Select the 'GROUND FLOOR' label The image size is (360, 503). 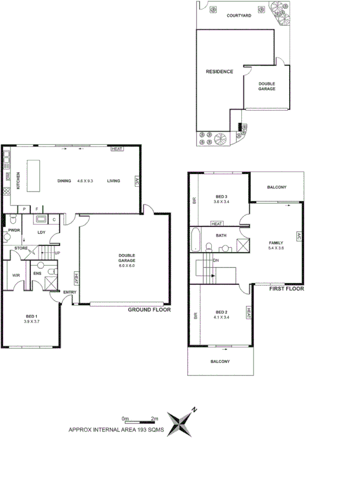(149, 310)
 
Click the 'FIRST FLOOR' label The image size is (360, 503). (286, 289)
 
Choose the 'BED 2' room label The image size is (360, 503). (221, 312)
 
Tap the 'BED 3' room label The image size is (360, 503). (221, 196)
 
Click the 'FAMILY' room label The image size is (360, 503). (276, 242)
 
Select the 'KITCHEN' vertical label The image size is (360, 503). (18, 181)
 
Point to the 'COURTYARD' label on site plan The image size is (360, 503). (239, 16)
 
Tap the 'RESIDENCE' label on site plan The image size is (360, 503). (220, 71)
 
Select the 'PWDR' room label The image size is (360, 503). (14, 231)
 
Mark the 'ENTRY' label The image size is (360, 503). (70, 292)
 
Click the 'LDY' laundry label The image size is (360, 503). (42, 232)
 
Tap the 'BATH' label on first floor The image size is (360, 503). (221, 235)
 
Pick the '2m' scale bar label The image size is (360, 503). (155, 418)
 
